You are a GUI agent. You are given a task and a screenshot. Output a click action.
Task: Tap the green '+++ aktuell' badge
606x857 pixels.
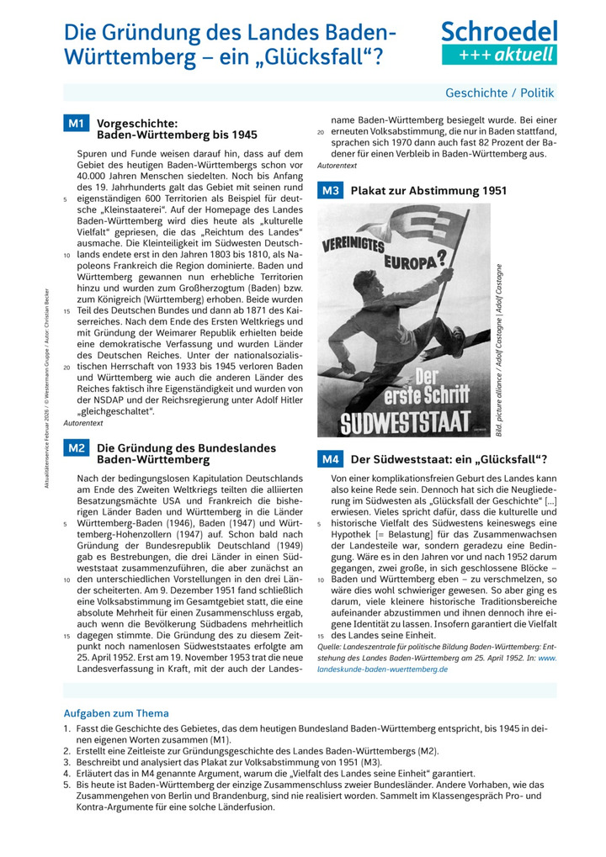point(499,55)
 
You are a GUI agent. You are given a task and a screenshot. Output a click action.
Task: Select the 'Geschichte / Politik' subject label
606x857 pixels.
point(500,93)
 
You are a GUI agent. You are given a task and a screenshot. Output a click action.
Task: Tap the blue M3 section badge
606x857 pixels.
point(330,191)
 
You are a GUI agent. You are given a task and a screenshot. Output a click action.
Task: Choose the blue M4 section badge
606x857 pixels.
point(330,459)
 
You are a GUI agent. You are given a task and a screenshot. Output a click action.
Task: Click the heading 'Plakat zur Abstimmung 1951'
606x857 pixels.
point(428,191)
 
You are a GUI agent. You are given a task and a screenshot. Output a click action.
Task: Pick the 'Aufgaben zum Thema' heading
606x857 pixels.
point(116,713)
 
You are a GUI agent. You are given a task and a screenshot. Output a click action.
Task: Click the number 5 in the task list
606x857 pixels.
point(66,785)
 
